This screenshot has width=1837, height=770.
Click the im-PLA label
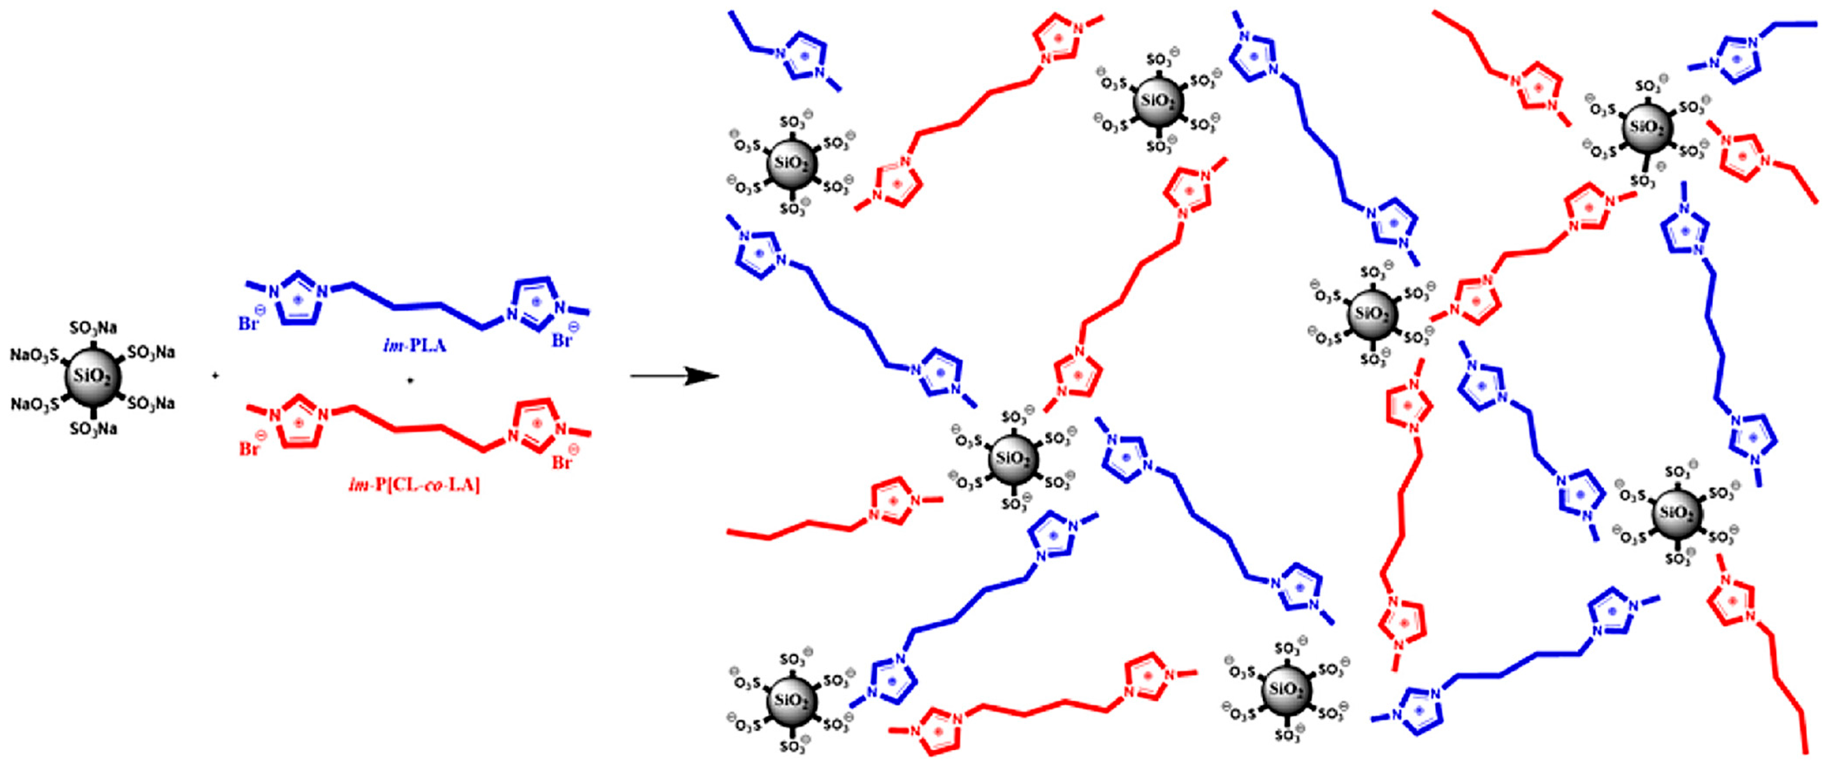pos(414,346)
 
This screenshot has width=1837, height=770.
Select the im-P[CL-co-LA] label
pos(414,485)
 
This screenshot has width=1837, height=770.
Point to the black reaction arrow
pos(673,376)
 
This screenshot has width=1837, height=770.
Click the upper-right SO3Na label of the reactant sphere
pos(151,352)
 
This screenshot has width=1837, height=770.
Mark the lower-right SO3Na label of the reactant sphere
pos(151,404)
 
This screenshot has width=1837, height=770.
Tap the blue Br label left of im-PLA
pos(250,323)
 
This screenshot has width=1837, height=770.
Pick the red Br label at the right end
pos(563,462)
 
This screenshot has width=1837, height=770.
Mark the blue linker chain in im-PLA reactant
pos(417,307)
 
